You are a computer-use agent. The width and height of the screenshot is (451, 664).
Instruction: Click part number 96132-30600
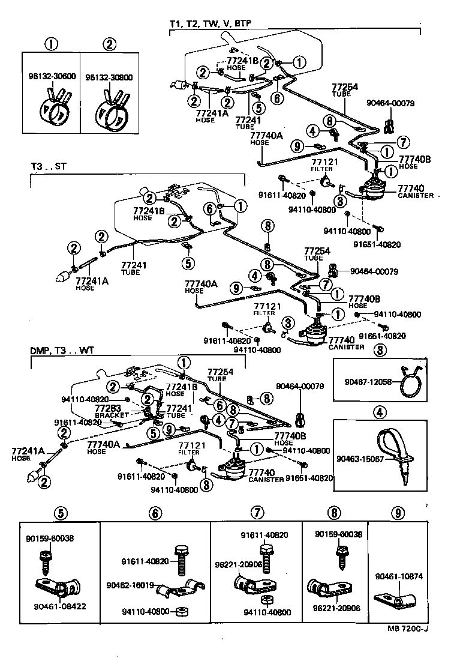pos(52,77)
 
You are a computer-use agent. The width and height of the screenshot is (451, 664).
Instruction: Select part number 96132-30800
pos(109,77)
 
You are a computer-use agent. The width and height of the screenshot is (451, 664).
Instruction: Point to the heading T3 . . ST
pos(51,166)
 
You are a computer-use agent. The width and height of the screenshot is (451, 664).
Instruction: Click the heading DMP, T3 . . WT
pos(62,349)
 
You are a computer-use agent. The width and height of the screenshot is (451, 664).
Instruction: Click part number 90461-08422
pos(56,606)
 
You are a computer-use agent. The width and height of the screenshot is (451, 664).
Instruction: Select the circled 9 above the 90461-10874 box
pos(396,513)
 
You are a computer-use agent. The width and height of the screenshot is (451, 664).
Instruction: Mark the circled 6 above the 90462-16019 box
pos(155,513)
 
